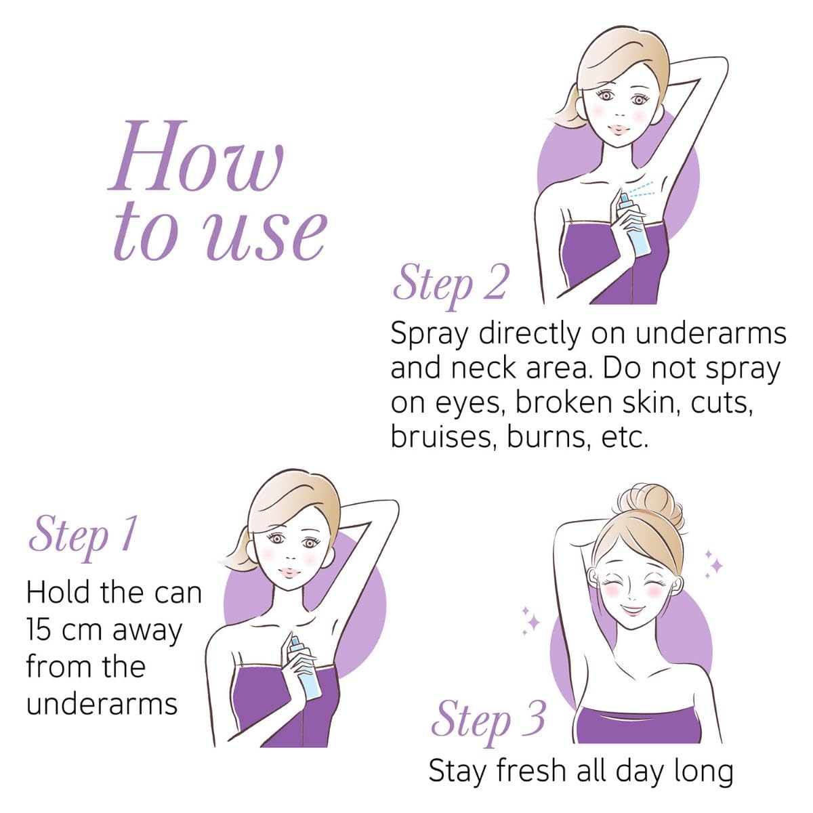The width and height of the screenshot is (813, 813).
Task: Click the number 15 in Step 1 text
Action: pos(40,630)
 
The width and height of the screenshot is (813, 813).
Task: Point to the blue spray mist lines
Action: pos(642,189)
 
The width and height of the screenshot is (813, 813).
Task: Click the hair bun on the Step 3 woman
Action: pos(650,505)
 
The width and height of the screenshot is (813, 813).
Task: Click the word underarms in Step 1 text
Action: pos(102,704)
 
